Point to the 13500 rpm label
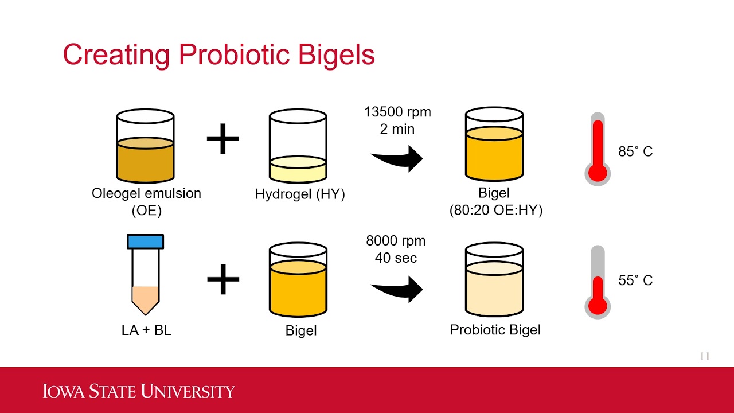(397, 112)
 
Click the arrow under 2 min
(397, 158)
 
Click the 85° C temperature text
(635, 152)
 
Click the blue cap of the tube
(146, 241)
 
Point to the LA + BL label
(146, 330)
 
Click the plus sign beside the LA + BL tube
(222, 279)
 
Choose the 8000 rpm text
(396, 241)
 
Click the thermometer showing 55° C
(598, 281)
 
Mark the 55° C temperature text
(635, 280)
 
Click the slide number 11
(705, 356)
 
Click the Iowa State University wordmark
(139, 391)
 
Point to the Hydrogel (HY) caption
(300, 194)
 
